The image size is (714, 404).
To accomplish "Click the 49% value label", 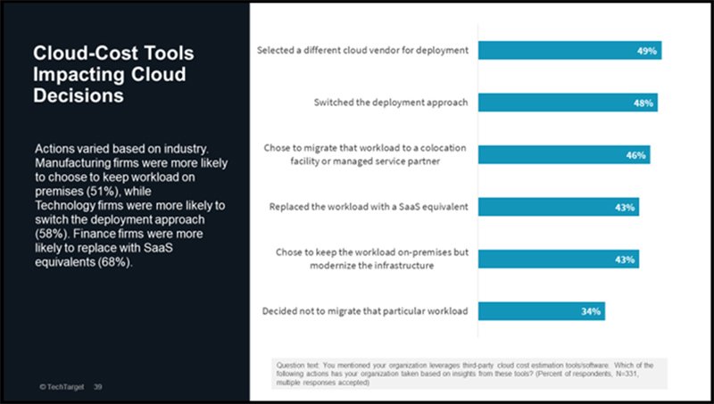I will click(x=647, y=50).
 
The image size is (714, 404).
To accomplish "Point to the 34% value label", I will click(x=592, y=311).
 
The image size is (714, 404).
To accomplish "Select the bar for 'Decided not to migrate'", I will click(x=535, y=311).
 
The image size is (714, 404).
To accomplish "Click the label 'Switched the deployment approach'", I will click(x=391, y=102).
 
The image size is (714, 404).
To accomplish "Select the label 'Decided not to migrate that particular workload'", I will click(x=366, y=311).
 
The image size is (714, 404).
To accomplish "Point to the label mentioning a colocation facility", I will click(x=367, y=154).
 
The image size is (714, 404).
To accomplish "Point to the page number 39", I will click(x=98, y=386).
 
